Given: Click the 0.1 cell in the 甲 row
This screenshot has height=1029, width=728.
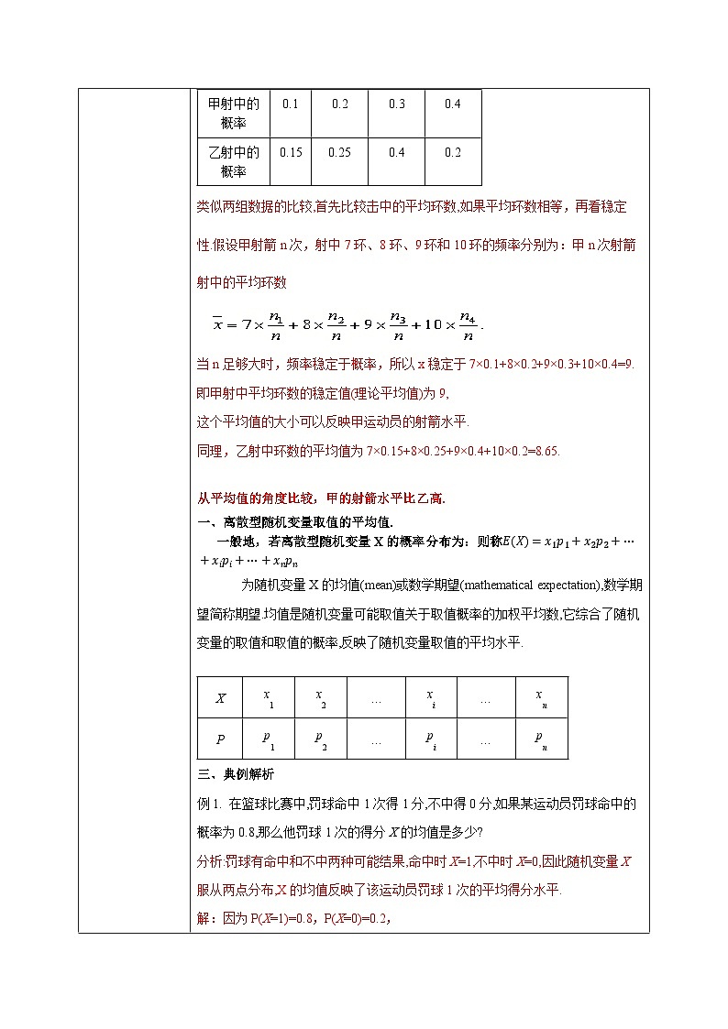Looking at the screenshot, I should [291, 104].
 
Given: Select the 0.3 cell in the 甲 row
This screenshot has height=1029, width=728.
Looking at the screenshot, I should [396, 104].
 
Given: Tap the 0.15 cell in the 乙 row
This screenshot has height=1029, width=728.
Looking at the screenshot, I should [291, 152].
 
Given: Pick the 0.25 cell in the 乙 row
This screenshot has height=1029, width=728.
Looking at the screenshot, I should [339, 152].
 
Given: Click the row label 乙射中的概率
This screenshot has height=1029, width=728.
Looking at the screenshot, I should [234, 161].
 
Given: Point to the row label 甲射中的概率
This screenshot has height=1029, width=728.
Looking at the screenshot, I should [234, 114].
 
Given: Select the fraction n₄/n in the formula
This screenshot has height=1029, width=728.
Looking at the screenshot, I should [468, 325].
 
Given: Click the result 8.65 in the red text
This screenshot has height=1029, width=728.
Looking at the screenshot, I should [544, 451].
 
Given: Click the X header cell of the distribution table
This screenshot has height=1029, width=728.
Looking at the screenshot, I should [220, 698].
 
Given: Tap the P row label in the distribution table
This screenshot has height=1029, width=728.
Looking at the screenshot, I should [220, 739].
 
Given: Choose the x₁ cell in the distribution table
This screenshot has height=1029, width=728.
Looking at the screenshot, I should [267, 699].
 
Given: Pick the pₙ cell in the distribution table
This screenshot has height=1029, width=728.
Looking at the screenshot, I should [541, 739].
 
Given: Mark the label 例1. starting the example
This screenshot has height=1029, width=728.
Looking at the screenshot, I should [210, 804].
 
